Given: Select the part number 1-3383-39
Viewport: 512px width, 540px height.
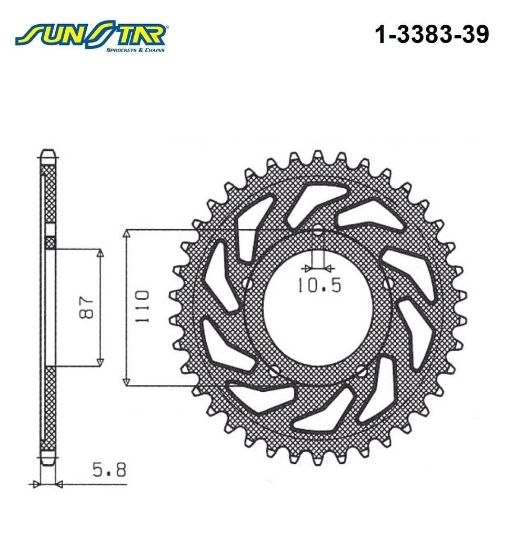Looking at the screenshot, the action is (431, 34).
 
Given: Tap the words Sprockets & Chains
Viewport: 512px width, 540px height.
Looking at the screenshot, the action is (135, 50).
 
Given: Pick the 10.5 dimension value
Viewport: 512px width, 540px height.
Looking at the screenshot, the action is (319, 285).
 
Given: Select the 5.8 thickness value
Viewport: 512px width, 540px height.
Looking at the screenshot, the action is (109, 470).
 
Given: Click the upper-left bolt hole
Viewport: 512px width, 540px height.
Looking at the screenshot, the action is (247, 283).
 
